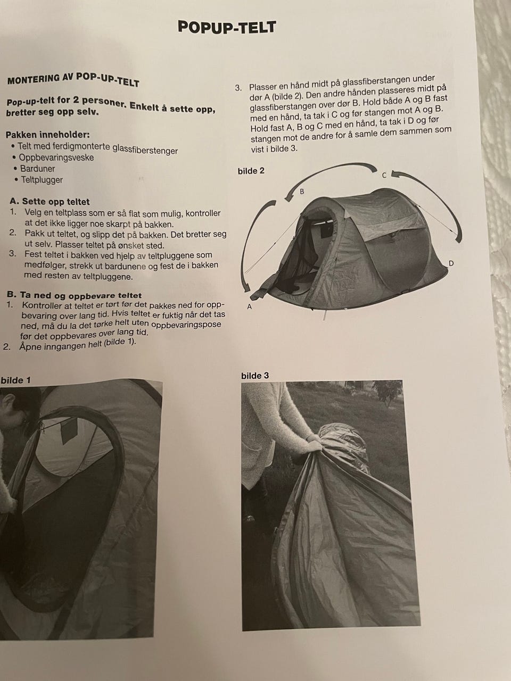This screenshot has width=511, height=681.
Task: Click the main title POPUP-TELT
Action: point(227,27)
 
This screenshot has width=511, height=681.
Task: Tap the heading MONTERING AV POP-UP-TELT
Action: point(73,80)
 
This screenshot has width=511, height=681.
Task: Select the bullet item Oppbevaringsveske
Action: point(56,157)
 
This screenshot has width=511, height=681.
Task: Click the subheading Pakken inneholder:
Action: point(48,135)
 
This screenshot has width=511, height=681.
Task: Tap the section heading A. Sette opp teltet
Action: point(50,201)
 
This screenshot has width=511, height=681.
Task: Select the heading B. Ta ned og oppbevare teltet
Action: point(75,295)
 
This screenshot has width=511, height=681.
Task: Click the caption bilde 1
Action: point(15,380)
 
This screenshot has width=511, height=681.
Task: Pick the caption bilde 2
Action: point(251,171)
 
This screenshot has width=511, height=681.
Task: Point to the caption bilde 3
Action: point(255,376)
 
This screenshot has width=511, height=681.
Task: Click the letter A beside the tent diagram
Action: point(249,306)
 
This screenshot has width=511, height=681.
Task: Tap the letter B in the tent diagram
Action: point(302,192)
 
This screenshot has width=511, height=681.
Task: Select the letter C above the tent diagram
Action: point(384,175)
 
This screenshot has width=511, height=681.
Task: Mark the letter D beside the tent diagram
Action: point(451,263)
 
